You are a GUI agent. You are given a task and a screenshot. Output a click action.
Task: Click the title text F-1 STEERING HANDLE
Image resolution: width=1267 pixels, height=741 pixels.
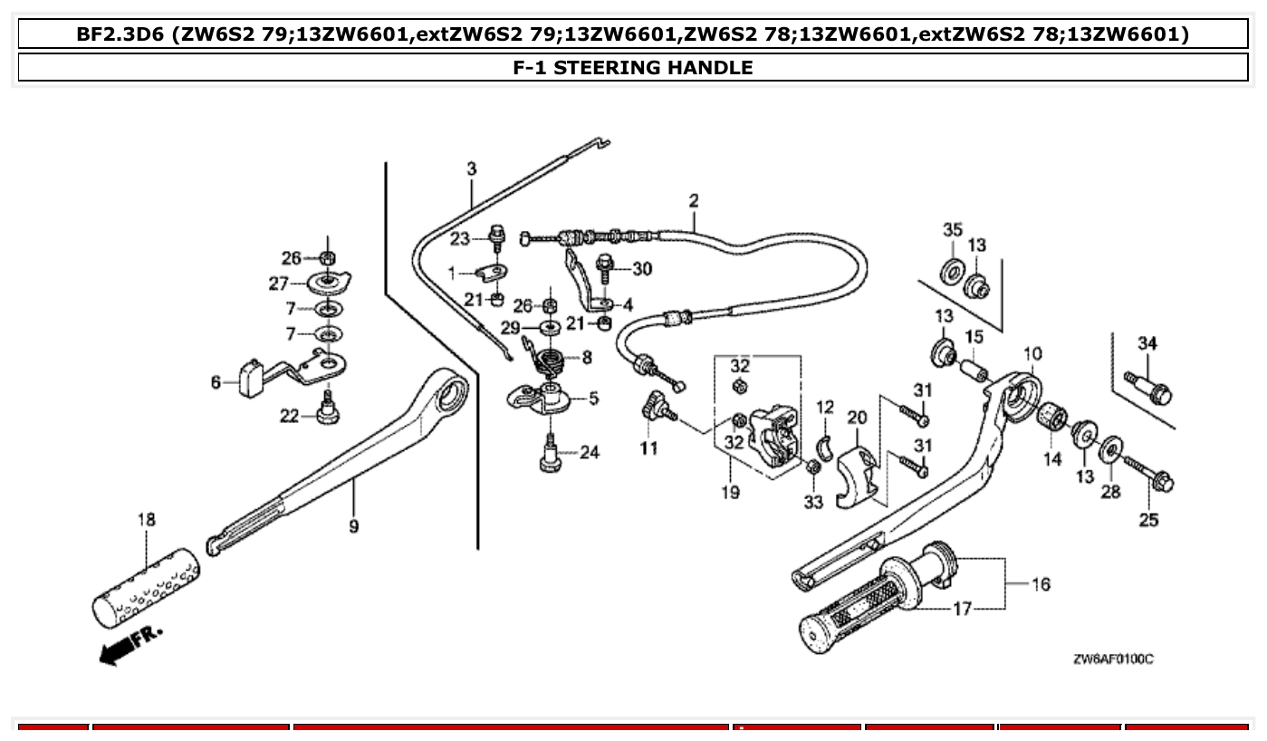[632, 67]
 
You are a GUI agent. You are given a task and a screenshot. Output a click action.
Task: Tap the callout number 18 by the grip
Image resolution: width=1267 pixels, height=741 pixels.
[146, 520]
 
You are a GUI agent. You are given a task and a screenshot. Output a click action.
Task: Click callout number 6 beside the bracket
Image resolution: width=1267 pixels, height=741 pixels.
[216, 383]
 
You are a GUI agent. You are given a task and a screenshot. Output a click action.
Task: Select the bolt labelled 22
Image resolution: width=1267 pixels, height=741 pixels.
[327, 409]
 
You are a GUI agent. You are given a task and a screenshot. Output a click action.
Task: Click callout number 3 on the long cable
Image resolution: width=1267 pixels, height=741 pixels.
[471, 168]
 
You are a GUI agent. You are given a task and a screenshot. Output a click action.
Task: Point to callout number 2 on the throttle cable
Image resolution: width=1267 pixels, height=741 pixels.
[694, 200]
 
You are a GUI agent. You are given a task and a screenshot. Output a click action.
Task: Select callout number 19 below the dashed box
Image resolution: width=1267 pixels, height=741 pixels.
[730, 492]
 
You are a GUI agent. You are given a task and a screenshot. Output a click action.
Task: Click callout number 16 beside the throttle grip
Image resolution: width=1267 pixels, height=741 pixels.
[1041, 584]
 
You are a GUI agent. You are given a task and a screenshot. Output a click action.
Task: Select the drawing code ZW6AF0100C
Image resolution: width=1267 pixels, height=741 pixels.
[1112, 659]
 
